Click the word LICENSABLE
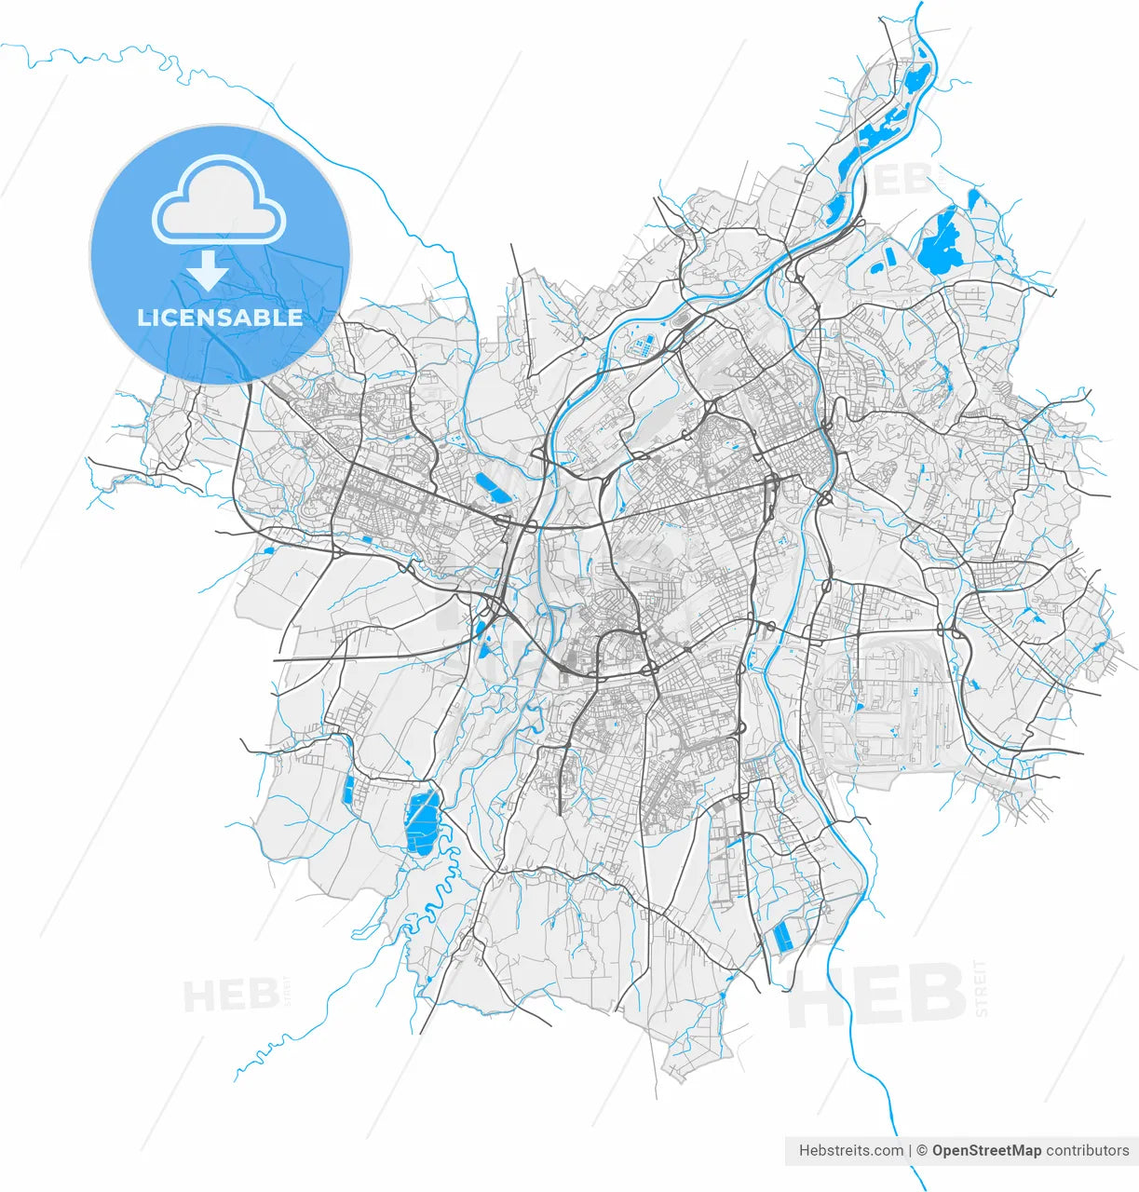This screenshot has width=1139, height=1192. click(x=220, y=318)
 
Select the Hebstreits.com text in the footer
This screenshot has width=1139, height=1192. click(x=850, y=1150)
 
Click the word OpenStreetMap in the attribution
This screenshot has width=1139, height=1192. click(x=986, y=1150)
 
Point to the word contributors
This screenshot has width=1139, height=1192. click(x=1087, y=1150)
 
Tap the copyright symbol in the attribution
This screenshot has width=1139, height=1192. click(x=921, y=1150)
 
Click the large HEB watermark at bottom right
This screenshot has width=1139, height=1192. click(x=875, y=995)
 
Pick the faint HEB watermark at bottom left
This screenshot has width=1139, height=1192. click(x=232, y=996)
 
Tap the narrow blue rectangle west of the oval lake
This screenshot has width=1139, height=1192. click(x=349, y=790)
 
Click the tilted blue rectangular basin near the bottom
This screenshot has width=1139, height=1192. click(x=783, y=938)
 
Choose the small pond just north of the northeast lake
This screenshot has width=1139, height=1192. click(x=974, y=199)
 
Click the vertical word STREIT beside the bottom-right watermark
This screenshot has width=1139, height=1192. click(x=981, y=987)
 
